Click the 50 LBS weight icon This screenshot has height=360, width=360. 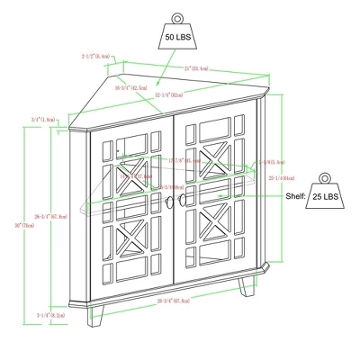tap(176, 33)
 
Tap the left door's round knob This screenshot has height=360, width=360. tap(167, 200)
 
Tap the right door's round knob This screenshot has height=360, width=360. tap(184, 200)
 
